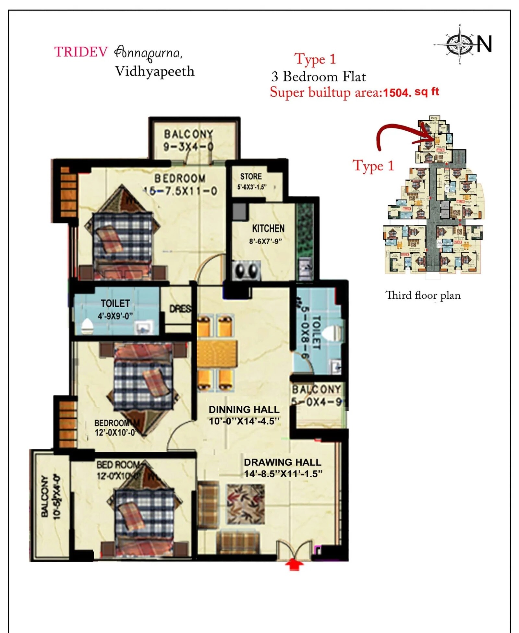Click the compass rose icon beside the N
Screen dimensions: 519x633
click(x=460, y=44)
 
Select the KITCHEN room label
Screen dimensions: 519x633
click(x=268, y=228)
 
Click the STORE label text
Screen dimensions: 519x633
click(x=251, y=176)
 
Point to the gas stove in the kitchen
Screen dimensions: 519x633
click(x=246, y=270)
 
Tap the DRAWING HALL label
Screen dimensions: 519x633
click(x=282, y=462)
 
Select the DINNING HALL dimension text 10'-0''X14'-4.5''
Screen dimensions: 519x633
click(x=244, y=421)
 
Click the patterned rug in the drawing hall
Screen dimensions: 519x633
click(x=245, y=504)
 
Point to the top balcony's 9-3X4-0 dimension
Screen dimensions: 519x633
click(x=188, y=147)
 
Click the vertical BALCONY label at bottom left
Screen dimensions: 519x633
click(x=45, y=496)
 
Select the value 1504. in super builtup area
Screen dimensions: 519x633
click(x=397, y=93)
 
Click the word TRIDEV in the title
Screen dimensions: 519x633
click(x=81, y=52)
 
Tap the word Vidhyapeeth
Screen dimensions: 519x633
click(x=155, y=72)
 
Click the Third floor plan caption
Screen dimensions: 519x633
click(x=423, y=295)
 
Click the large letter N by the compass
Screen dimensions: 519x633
click(x=484, y=44)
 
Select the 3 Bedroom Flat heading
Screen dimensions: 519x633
click(x=318, y=77)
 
